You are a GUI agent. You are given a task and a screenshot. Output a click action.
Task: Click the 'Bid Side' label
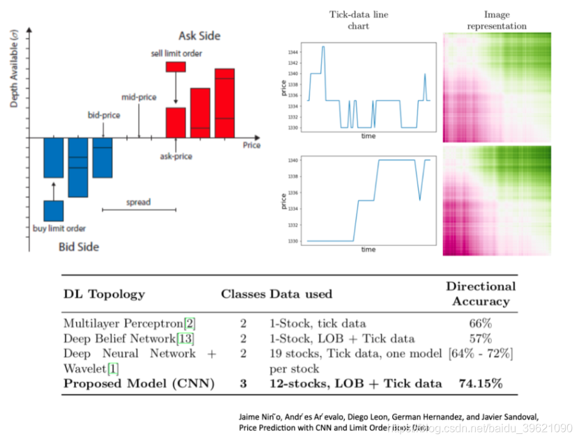click(78, 247)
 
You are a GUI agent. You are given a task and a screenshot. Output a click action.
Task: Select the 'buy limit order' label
click(59, 229)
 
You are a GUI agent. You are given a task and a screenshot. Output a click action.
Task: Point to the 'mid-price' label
click(139, 98)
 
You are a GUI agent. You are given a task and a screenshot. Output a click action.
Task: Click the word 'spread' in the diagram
click(138, 203)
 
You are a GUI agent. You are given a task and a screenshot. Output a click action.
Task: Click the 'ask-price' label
click(176, 156)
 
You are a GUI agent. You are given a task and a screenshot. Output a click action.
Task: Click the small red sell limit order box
click(176, 67)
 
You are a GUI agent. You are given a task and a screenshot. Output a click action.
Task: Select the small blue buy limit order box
click(54, 210)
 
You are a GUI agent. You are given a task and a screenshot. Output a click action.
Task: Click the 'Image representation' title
click(497, 20)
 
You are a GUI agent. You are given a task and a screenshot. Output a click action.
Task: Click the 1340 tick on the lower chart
click(293, 161)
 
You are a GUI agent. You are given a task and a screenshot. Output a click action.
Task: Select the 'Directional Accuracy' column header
click(480, 294)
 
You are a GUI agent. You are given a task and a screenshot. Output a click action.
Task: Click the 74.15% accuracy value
click(480, 383)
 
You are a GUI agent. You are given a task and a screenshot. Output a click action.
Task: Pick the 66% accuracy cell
click(480, 323)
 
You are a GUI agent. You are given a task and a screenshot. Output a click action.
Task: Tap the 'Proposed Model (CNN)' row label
click(139, 383)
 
